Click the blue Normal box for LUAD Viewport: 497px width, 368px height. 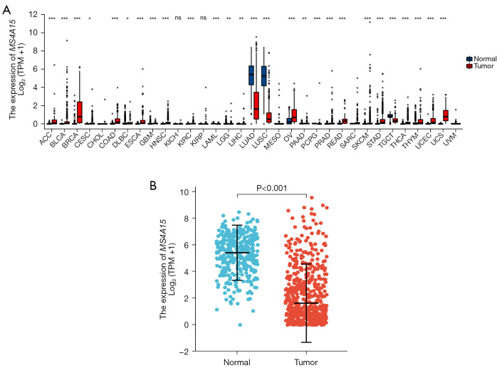pyautogui.click(x=251, y=75)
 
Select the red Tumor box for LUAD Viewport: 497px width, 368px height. pyautogui.click(x=256, y=105)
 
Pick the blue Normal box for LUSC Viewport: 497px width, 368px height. pyautogui.click(x=263, y=76)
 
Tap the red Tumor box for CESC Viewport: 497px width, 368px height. pyautogui.click(x=80, y=112)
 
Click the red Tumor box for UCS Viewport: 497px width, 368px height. pyautogui.click(x=446, y=115)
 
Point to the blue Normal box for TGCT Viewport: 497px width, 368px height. pyautogui.click(x=390, y=116)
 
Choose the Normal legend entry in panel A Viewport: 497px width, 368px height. pyautogui.click(x=481, y=59)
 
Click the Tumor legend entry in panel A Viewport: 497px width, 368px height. pyautogui.click(x=480, y=66)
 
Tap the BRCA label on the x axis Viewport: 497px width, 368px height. pyautogui.click(x=70, y=140)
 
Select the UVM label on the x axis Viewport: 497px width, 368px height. pyautogui.click(x=451, y=139)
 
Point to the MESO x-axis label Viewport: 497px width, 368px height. pyautogui.click(x=273, y=140)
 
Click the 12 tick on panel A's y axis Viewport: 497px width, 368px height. pyautogui.click(x=33, y=14)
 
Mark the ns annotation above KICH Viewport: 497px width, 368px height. pyautogui.click(x=178, y=18)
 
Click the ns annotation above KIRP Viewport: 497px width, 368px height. pyautogui.click(x=203, y=18)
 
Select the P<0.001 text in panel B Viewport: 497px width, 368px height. pyautogui.click(x=271, y=189)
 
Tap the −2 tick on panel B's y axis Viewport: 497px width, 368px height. pyautogui.click(x=184, y=351)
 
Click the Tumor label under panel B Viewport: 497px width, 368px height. pyautogui.click(x=306, y=362)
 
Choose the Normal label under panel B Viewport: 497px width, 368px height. pyautogui.click(x=237, y=362)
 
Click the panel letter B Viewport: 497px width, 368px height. pyautogui.click(x=153, y=186)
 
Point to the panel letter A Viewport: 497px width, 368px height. pyautogui.click(x=6, y=10)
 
